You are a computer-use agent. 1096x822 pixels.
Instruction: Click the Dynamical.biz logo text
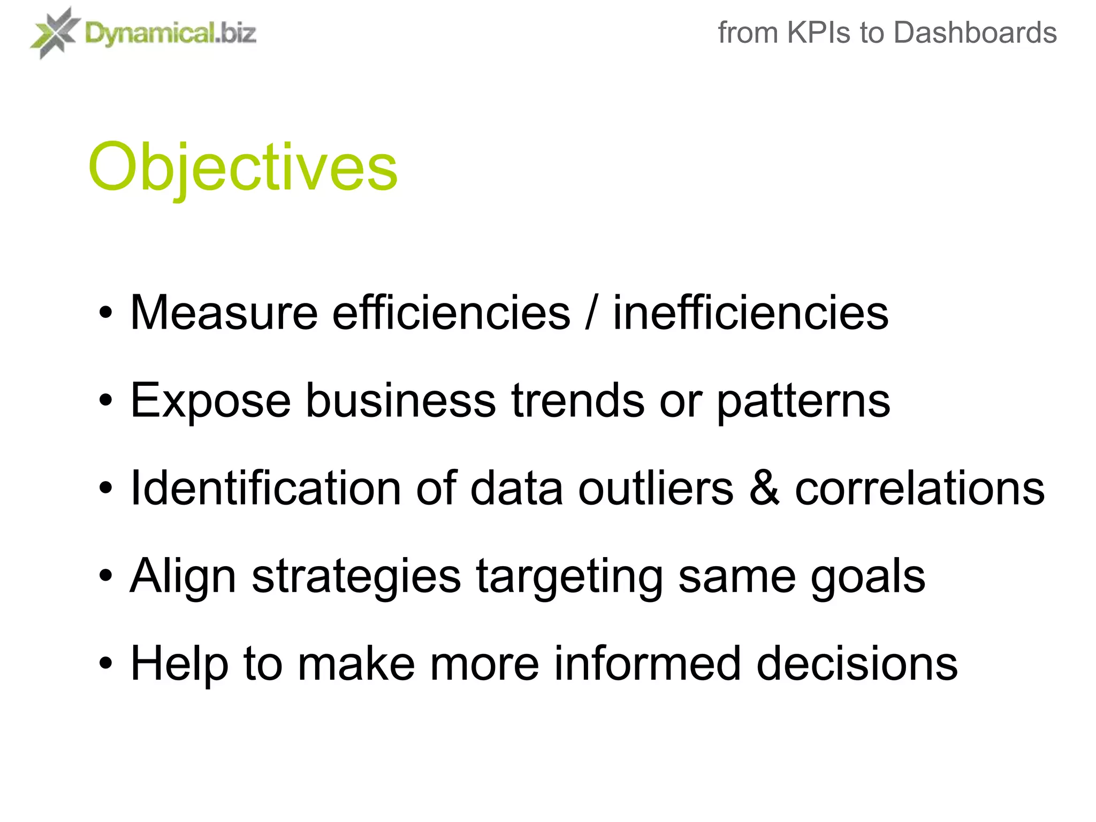click(x=170, y=34)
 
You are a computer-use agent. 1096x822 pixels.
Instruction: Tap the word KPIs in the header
click(x=819, y=33)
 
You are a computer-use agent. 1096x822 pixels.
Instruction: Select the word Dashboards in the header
click(x=975, y=33)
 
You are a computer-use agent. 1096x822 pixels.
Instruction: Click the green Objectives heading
click(x=243, y=167)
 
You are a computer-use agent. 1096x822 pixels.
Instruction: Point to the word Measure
click(x=224, y=313)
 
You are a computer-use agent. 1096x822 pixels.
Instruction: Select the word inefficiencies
click(x=750, y=313)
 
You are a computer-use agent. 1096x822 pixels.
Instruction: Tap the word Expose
click(x=210, y=400)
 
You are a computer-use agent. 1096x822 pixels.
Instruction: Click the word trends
click(x=578, y=400)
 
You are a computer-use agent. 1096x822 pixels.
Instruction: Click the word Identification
click(x=265, y=488)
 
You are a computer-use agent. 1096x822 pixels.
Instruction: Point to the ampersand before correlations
click(x=764, y=488)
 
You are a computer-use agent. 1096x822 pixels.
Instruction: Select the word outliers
click(x=656, y=488)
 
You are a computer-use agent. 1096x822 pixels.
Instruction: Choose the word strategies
click(x=356, y=577)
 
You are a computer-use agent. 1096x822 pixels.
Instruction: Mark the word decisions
click(x=857, y=664)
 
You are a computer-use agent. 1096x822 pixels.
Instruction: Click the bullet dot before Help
click(x=106, y=664)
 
